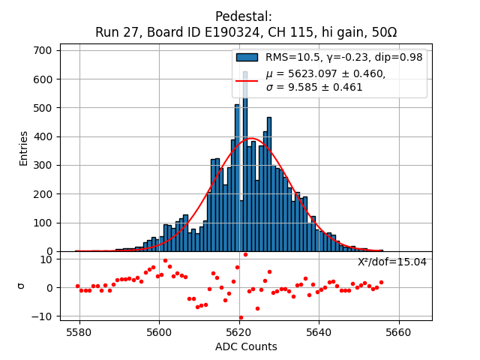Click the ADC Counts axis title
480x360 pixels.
(x=246, y=346)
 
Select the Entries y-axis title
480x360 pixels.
(x=23, y=148)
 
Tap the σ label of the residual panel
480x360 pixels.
(x=21, y=286)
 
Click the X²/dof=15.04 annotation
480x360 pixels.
(x=391, y=262)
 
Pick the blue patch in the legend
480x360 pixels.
(x=247, y=57)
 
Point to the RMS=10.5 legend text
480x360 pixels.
(x=293, y=57)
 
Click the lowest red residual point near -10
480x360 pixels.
(x=241, y=317)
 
